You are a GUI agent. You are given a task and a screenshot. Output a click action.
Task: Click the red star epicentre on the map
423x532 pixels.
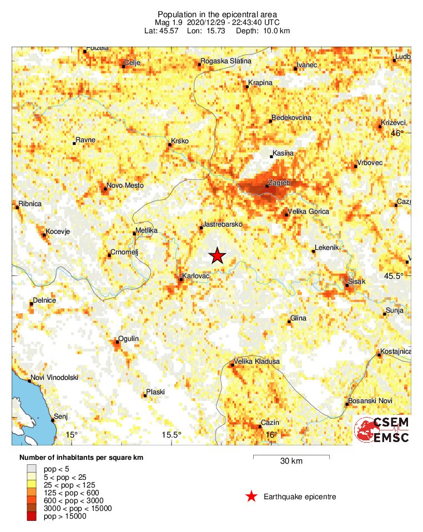pos(217,255)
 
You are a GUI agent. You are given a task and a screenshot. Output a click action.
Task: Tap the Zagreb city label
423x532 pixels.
pos(279,182)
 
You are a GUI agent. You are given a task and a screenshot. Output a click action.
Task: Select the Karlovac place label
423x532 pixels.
pos(195,275)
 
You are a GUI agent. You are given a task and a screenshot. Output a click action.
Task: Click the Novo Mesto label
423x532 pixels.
pos(125,185)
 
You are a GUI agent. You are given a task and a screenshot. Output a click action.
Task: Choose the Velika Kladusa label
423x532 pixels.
pos(257,362)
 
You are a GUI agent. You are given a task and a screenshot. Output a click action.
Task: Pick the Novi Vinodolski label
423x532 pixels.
pos(54,378)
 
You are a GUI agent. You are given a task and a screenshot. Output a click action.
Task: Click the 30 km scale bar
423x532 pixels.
pos(291,457)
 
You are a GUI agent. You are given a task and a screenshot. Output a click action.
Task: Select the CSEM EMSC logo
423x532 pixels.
pos(382,430)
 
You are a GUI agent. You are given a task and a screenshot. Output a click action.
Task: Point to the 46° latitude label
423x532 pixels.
pos(397,133)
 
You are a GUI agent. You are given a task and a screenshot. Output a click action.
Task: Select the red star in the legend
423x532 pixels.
pos(251,496)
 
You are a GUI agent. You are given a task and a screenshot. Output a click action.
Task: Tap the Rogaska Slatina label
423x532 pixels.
pos(226,61)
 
